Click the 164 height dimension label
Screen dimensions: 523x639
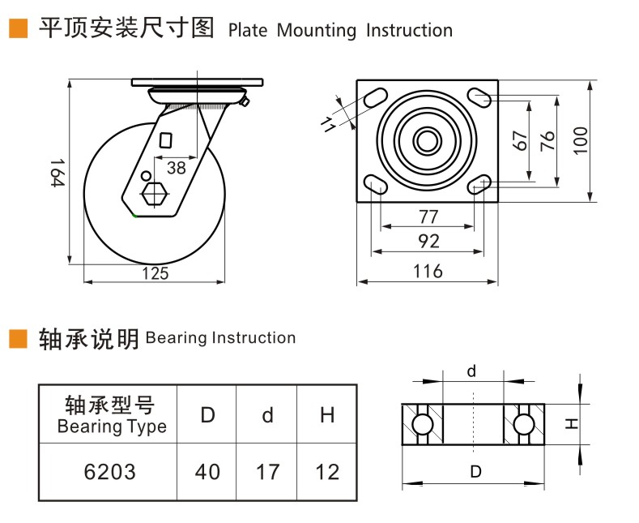click(x=56, y=173)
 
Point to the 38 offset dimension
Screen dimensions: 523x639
click(x=176, y=167)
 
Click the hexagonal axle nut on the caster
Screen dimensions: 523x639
click(x=154, y=195)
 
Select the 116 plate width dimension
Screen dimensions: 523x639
click(x=428, y=271)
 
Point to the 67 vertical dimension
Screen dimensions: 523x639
click(x=521, y=139)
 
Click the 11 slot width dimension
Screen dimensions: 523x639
click(x=327, y=123)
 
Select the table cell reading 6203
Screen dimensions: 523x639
click(x=110, y=472)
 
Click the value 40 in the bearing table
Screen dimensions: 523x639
click(x=207, y=472)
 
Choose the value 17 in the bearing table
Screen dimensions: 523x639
click(x=267, y=472)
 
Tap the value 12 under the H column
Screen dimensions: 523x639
click(x=327, y=472)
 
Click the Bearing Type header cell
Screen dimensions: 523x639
click(x=110, y=414)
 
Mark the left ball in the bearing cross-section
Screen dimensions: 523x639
click(x=422, y=424)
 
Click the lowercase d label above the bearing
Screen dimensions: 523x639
click(x=471, y=371)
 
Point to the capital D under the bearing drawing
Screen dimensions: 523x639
click(x=475, y=471)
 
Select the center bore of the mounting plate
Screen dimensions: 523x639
click(x=424, y=141)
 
